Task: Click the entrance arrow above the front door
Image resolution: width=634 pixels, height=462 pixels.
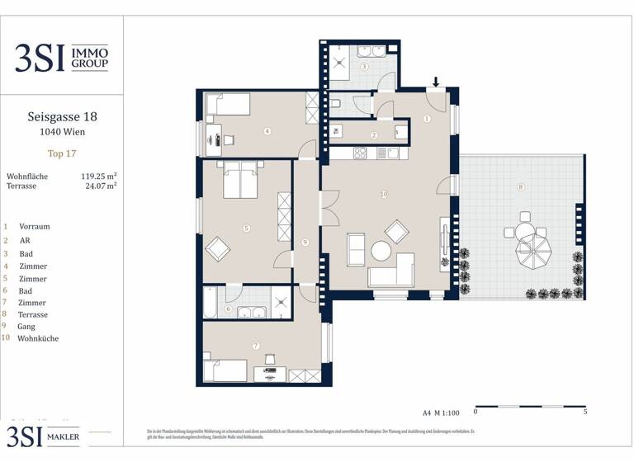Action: pyautogui.click(x=436, y=82)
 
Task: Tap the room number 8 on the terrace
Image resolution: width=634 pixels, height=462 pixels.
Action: pyautogui.click(x=520, y=187)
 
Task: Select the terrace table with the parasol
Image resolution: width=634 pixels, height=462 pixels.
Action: pyautogui.click(x=532, y=248)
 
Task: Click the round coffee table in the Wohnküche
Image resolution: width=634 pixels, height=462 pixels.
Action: pyautogui.click(x=382, y=250)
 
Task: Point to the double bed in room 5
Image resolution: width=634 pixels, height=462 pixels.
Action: pyautogui.click(x=239, y=179)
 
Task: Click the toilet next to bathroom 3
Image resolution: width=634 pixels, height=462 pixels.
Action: pyautogui.click(x=337, y=104)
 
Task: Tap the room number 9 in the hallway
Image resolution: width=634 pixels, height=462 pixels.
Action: pyautogui.click(x=305, y=242)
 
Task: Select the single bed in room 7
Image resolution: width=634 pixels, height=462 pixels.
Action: pyautogui.click(x=225, y=370)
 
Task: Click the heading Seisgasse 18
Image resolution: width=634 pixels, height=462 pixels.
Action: pyautogui.click(x=62, y=118)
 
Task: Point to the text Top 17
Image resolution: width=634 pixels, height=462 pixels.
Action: pyautogui.click(x=62, y=153)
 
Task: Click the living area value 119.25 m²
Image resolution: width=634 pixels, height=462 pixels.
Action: pyautogui.click(x=98, y=176)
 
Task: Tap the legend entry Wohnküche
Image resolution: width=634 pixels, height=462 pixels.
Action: pyautogui.click(x=37, y=338)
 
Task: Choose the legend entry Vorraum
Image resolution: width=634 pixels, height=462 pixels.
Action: pyautogui.click(x=34, y=226)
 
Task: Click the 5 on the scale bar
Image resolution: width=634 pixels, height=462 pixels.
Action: pyautogui.click(x=584, y=411)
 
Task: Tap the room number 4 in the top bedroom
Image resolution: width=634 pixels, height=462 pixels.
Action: pyautogui.click(x=267, y=130)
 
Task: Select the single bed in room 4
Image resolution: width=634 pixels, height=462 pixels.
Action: pyautogui.click(x=228, y=105)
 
